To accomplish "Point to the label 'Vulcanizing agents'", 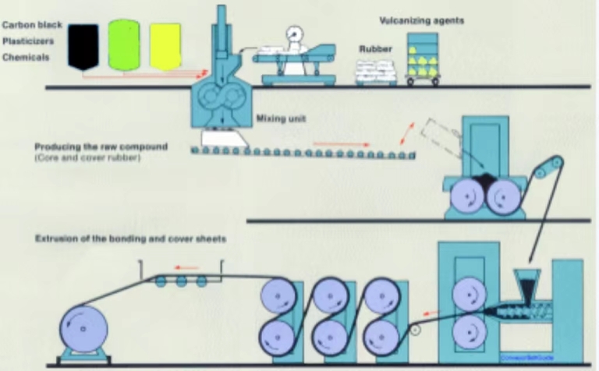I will [x=421, y=20].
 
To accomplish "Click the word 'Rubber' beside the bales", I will [x=374, y=48].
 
